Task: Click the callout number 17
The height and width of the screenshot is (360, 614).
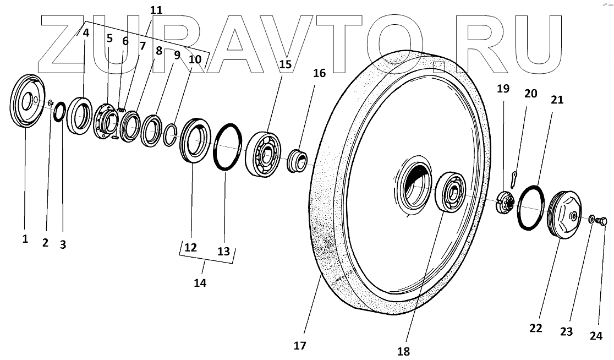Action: pyautogui.click(x=300, y=346)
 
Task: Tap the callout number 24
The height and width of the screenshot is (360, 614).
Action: pyautogui.click(x=596, y=335)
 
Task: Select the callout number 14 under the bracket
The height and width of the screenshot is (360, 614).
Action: pyautogui.click(x=200, y=283)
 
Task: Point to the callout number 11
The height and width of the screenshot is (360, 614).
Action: pyautogui.click(x=156, y=10)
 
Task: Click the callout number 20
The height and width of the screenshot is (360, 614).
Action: pyautogui.click(x=530, y=93)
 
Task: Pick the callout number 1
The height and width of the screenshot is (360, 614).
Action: pyautogui.click(x=25, y=239)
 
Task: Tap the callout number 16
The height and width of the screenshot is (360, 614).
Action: pyautogui.click(x=319, y=74)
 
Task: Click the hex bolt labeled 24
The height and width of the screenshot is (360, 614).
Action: pyautogui.click(x=601, y=222)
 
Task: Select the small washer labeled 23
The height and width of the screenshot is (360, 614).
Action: pyautogui.click(x=591, y=219)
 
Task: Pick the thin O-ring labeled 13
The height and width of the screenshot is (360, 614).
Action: pyautogui.click(x=226, y=148)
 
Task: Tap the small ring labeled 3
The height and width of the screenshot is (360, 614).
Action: pyautogui.click(x=61, y=112)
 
